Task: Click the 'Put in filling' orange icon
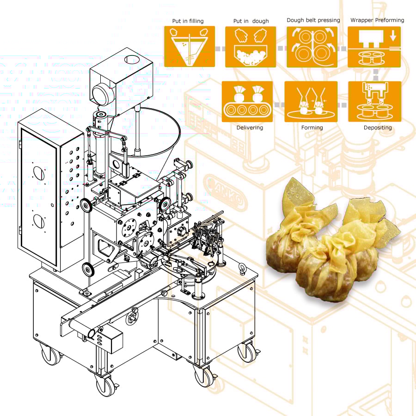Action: click(190, 46)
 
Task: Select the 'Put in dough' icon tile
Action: click(251, 47)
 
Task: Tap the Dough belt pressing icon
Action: click(312, 47)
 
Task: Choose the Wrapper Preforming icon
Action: click(374, 47)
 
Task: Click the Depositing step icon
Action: click(374, 101)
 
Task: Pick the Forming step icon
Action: click(311, 101)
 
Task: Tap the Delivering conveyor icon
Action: click(247, 101)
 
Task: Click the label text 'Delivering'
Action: click(250, 128)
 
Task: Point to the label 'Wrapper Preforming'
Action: click(377, 20)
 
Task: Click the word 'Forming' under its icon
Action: click(312, 128)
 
